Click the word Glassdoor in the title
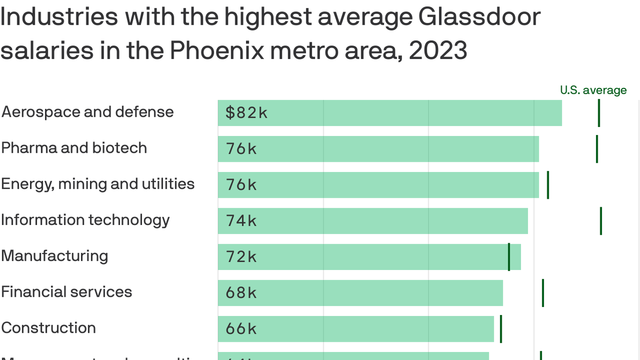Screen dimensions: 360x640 479,17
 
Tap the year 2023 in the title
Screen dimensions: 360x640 438,51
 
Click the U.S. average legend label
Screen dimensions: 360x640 593,90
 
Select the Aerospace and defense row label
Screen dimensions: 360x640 88,112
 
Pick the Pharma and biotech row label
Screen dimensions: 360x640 74,148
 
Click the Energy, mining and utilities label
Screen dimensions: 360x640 97,184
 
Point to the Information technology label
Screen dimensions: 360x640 85,220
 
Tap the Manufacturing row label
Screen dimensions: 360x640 54,256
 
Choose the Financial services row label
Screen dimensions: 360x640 67,292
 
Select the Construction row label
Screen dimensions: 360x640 48,328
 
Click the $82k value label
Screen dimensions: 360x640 246,113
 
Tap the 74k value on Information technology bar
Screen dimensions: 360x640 241,221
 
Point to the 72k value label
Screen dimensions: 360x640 241,257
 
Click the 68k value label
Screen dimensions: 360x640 241,293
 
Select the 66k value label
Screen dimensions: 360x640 241,329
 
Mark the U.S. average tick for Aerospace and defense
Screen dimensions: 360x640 599,113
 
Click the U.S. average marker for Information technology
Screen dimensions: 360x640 601,221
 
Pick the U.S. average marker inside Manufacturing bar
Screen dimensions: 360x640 509,257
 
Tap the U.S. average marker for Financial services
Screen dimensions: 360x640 543,293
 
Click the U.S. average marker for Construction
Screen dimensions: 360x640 501,329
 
